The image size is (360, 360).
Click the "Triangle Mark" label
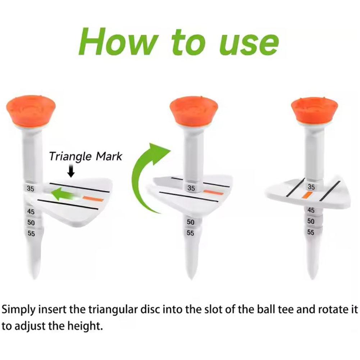point(86,156)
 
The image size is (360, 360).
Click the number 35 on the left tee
point(31,188)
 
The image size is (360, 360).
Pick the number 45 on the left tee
point(32,211)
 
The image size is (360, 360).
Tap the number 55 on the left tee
point(32,233)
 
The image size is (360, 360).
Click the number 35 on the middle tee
point(191,188)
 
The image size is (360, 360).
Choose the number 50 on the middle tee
point(191,223)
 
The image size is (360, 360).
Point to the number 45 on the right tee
point(311,210)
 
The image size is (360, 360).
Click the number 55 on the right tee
point(311,232)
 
